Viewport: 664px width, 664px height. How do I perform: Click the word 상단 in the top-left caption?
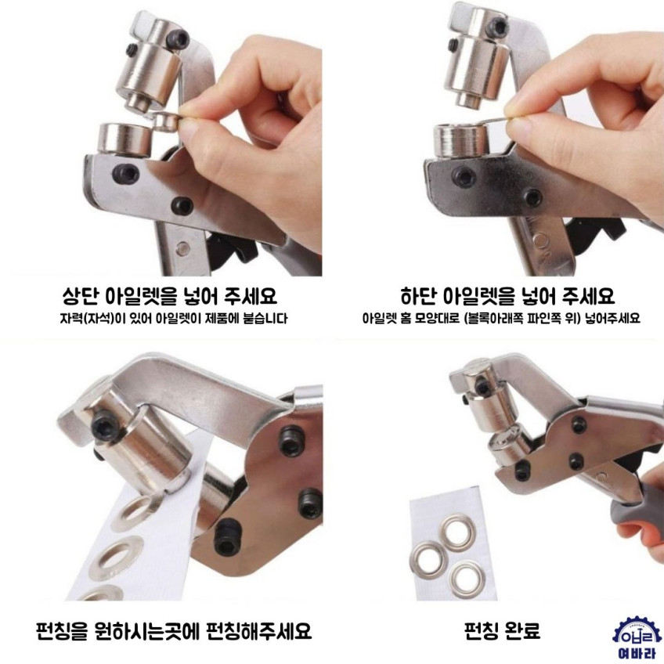coord(80,295)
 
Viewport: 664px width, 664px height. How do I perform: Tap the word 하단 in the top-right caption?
coord(418,295)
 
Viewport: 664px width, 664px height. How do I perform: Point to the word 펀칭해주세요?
coord(258,631)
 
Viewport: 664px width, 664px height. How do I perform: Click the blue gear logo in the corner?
coord(637,634)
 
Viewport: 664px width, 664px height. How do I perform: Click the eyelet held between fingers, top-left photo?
coord(167,121)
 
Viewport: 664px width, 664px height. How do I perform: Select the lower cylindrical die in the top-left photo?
coord(125,139)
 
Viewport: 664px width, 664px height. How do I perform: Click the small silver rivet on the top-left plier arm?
coord(182,248)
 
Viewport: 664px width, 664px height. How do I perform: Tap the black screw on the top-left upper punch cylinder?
coord(175,39)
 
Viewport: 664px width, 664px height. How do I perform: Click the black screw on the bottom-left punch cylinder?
coord(102,426)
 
